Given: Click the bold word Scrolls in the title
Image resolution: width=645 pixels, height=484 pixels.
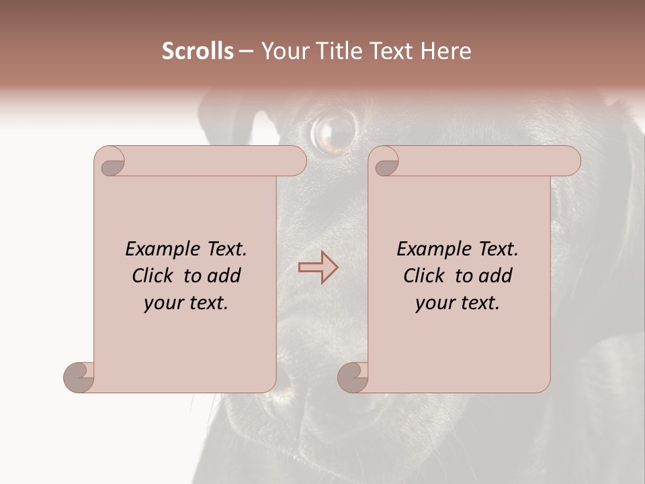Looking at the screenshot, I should pyautogui.click(x=198, y=51).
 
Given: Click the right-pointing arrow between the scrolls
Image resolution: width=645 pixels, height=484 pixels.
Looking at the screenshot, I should pyautogui.click(x=318, y=267).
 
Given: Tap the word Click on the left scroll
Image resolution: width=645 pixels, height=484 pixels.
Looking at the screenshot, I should pyautogui.click(x=155, y=276).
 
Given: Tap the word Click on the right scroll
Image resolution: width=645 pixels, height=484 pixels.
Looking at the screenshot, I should pyautogui.click(x=426, y=276).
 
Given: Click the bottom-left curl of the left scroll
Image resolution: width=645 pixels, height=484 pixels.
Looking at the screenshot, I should pyautogui.click(x=79, y=376).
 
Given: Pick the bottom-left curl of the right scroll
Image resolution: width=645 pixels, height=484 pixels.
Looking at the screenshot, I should pyautogui.click(x=353, y=376).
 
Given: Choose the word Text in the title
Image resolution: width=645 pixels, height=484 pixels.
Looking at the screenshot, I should pyautogui.click(x=388, y=51).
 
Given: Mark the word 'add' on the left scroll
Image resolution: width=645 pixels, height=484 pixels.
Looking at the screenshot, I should pyautogui.click(x=224, y=276).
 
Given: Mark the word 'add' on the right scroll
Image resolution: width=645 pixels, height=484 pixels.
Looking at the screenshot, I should pyautogui.click(x=496, y=276).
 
